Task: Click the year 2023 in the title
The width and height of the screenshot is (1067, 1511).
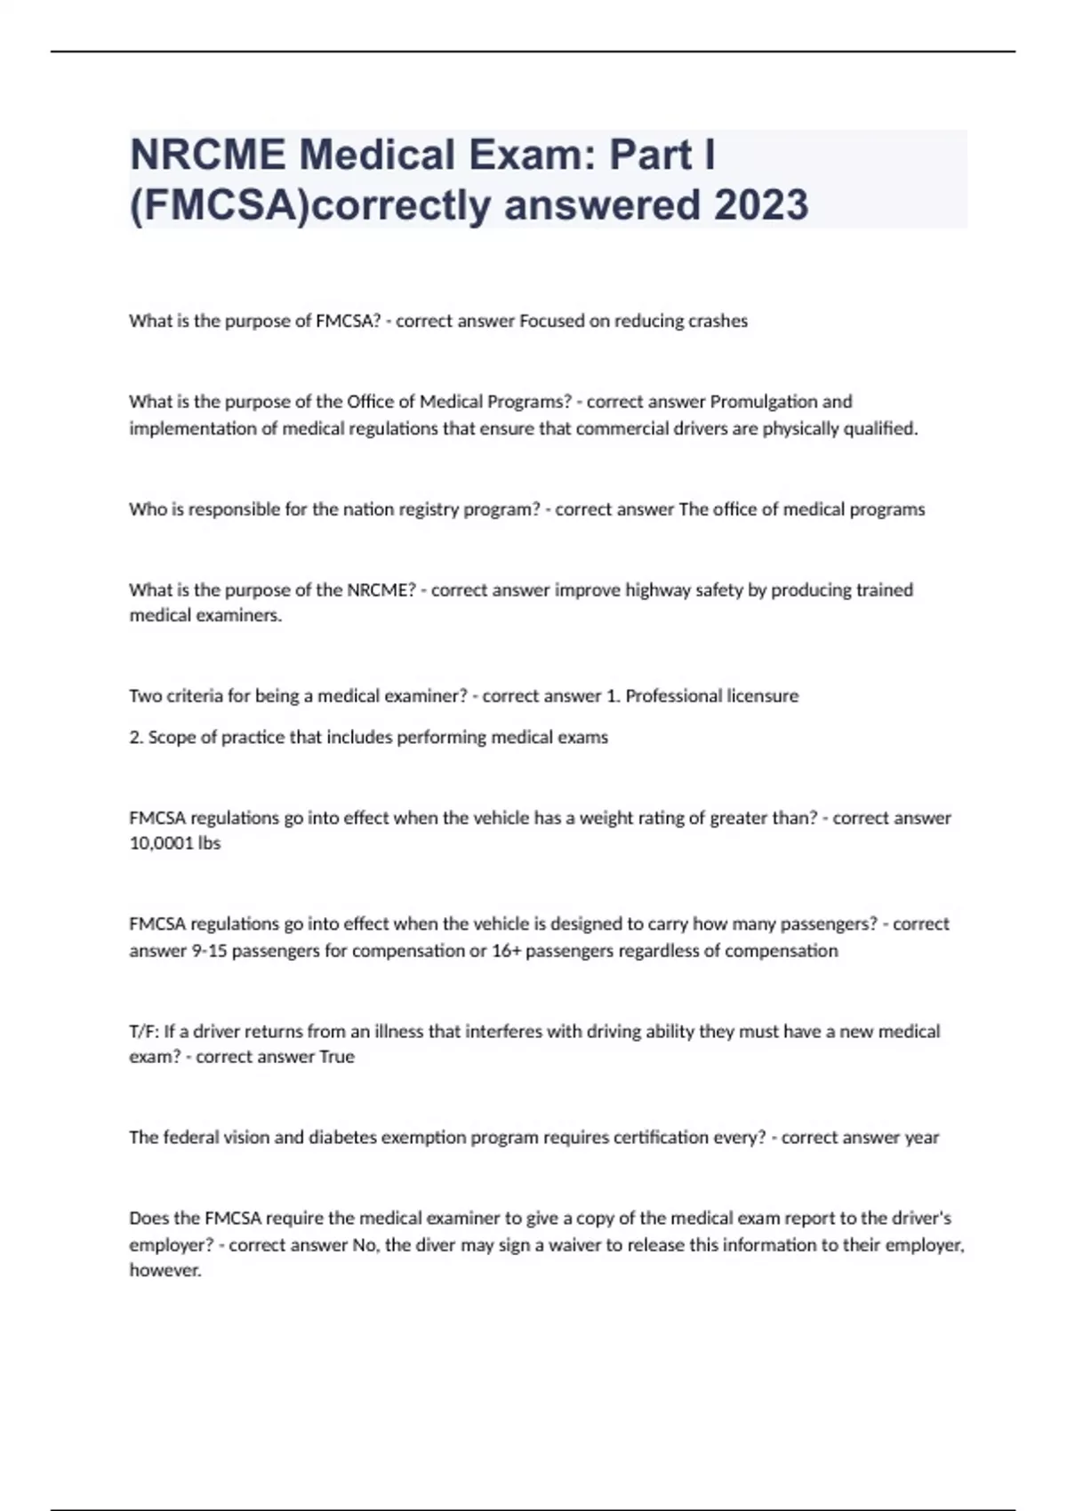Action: [760, 204]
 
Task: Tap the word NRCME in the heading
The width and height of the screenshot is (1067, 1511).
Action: [208, 155]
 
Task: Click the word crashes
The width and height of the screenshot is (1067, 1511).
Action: [718, 321]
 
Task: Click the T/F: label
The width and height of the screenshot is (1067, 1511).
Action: [144, 1031]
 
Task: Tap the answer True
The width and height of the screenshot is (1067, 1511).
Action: [337, 1056]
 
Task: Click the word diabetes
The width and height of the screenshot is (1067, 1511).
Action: [342, 1137]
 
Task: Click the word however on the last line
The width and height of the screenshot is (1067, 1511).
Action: [165, 1270]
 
